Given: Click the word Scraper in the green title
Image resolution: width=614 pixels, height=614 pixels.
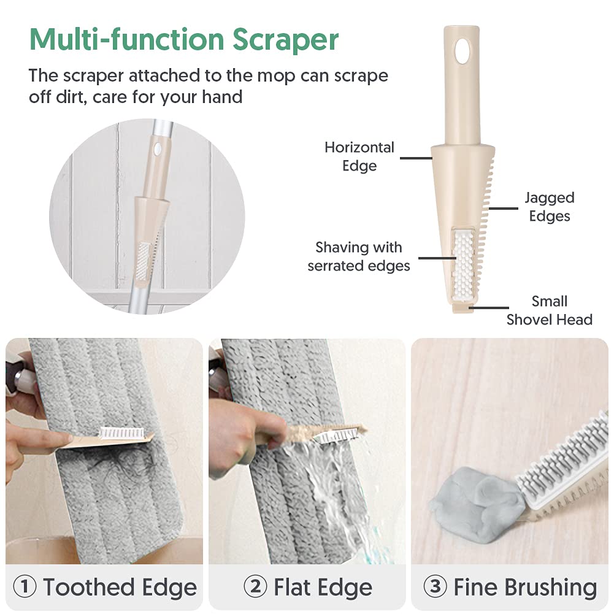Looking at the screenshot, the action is tap(285, 40).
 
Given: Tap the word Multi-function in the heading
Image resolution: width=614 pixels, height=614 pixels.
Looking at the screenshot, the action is tap(127, 39).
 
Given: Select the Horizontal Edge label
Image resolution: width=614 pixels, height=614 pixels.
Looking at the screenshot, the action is tap(359, 156).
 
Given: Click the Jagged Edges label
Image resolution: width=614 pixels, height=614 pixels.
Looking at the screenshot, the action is tap(550, 207).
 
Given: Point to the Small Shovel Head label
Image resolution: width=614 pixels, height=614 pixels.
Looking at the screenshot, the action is tap(550, 310).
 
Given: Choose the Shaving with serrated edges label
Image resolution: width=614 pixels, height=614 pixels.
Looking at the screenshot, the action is tap(359, 256).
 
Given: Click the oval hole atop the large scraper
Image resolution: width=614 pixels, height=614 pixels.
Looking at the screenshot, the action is tap(462, 50).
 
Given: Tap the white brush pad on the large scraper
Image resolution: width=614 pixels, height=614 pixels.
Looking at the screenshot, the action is tap(464, 263).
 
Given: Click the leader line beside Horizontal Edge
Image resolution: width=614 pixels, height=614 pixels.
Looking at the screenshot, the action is tap(416, 158).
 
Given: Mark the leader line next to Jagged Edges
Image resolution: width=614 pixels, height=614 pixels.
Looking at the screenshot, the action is tap(503, 209).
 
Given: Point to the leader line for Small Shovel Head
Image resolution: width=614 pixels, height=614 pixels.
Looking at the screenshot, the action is tap(489, 308).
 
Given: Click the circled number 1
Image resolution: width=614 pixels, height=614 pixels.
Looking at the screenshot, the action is tap(25, 586).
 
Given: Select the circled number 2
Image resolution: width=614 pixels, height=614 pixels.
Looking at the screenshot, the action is tap(255, 586).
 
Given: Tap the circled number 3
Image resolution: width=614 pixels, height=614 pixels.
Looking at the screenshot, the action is tap(435, 586).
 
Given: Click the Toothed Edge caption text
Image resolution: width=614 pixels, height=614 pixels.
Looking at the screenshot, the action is tap(120, 587).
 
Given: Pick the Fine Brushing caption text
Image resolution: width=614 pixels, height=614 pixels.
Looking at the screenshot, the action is tap(525, 587).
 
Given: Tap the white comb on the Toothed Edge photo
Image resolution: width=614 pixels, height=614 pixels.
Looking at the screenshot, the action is tap(123, 432).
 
